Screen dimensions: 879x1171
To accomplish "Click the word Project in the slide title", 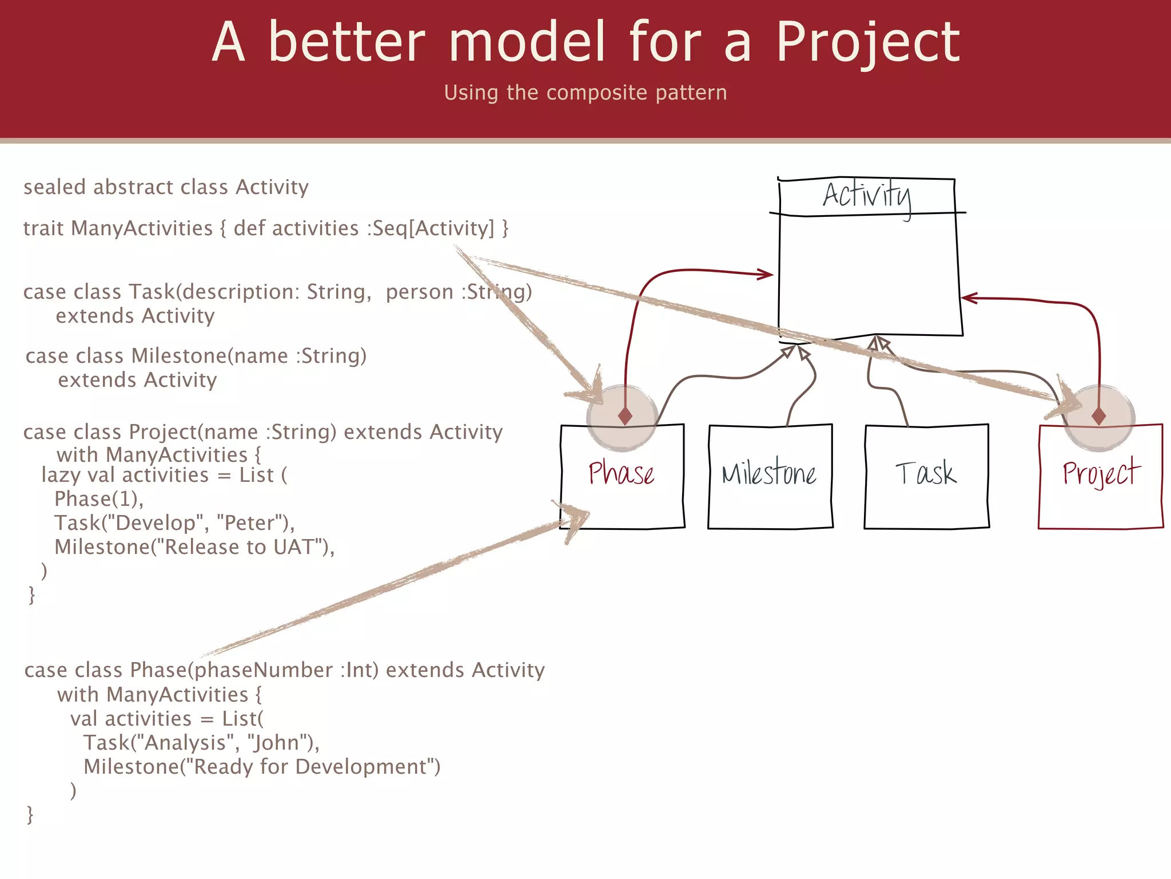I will [x=868, y=43].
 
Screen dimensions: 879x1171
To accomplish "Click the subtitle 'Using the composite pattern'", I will [x=585, y=93].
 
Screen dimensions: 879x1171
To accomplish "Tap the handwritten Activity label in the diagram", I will [x=866, y=196].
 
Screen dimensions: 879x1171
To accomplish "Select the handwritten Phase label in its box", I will [x=622, y=474].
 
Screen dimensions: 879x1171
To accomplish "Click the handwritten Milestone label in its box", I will [x=769, y=474].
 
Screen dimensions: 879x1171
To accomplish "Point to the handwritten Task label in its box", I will [x=926, y=474].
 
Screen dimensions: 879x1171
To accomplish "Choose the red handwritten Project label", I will [x=1101, y=474].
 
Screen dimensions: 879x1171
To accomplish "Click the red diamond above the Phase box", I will [x=625, y=415].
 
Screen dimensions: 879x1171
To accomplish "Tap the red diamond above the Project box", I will [x=1098, y=415].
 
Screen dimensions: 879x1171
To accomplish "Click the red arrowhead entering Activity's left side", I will [x=767, y=274].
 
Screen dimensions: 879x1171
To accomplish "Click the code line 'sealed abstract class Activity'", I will [x=166, y=187].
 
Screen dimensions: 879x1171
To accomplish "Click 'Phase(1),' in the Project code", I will [x=98, y=499].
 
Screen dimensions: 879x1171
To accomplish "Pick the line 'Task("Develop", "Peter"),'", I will [x=174, y=523].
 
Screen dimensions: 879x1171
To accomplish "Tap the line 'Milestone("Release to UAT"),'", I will [x=194, y=547].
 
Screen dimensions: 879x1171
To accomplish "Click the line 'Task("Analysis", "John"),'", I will [x=201, y=743].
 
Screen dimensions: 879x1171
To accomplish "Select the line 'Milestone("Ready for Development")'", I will [x=262, y=767].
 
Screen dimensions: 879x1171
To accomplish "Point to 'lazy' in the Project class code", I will [x=61, y=476].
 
